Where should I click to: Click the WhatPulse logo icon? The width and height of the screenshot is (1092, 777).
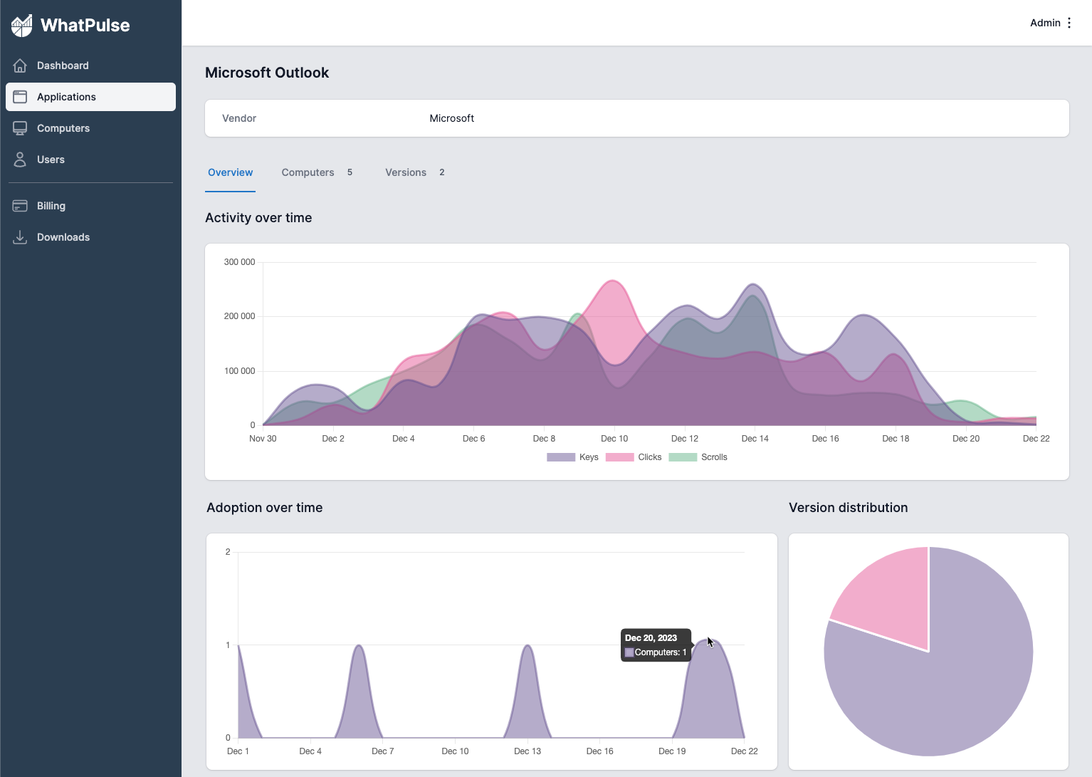[x=21, y=26]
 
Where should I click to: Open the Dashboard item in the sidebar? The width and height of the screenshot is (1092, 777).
[x=63, y=66]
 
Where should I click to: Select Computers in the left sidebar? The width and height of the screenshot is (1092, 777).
[x=63, y=128]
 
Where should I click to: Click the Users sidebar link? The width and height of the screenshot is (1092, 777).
[x=51, y=160]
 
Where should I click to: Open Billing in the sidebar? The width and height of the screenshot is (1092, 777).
[x=51, y=206]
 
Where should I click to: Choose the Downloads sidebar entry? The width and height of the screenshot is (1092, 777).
[x=63, y=237]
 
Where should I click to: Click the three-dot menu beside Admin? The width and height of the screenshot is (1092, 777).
[x=1069, y=23]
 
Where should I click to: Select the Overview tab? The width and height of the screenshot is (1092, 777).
[x=230, y=172]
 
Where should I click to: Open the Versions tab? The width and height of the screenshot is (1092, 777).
[x=414, y=172]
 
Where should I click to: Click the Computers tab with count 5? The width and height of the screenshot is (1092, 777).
[x=316, y=172]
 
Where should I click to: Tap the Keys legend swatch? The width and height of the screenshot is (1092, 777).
[x=561, y=457]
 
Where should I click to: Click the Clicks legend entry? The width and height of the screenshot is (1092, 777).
[x=634, y=457]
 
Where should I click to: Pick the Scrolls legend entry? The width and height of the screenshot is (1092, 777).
[x=698, y=457]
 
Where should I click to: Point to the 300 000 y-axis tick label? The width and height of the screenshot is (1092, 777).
[x=239, y=262]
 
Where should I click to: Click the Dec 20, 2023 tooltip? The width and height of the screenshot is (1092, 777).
[x=656, y=645]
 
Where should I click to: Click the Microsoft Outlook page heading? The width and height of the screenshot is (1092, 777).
[x=267, y=73]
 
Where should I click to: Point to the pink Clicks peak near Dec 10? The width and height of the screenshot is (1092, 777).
[x=612, y=281]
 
